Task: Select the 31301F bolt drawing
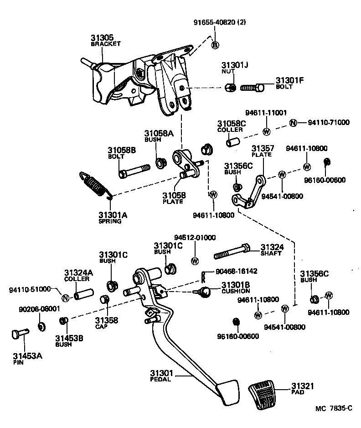(x=253, y=87)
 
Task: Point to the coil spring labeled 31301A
(x=96, y=185)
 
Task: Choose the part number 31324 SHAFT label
(x=272, y=247)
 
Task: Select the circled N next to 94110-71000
(x=293, y=123)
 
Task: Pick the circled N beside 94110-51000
(x=65, y=298)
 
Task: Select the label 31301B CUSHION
(x=236, y=287)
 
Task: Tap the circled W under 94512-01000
(x=195, y=261)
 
